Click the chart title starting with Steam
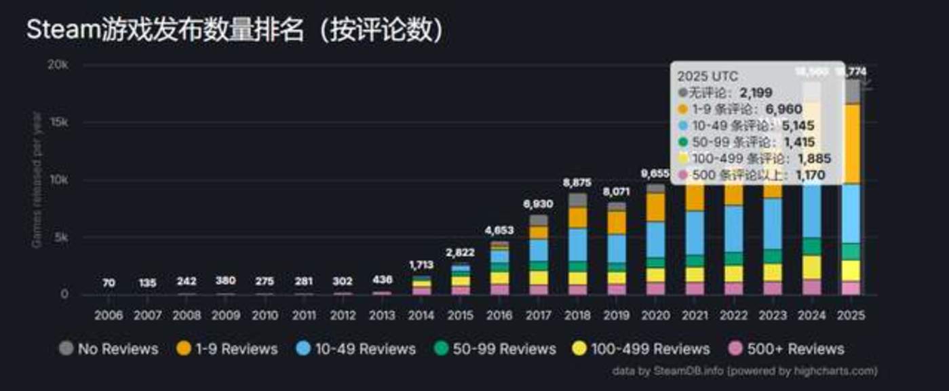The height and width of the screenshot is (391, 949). pos(234,30)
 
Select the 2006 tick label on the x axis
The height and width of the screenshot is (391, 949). pos(109,316)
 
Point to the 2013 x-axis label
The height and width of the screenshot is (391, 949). pos(382,316)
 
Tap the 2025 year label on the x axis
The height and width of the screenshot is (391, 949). pos(851,316)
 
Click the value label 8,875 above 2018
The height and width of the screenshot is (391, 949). pos(577,183)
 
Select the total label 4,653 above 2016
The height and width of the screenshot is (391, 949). pos(499,230)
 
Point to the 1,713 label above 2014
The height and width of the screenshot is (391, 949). pos(421,265)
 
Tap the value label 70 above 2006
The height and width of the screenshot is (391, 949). pos(109,283)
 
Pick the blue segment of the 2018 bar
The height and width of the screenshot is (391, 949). pos(577,245)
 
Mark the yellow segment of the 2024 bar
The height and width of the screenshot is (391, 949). pos(812,267)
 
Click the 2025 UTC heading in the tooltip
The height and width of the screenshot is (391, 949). pos(707,76)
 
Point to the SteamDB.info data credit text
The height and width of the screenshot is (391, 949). pos(744,371)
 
